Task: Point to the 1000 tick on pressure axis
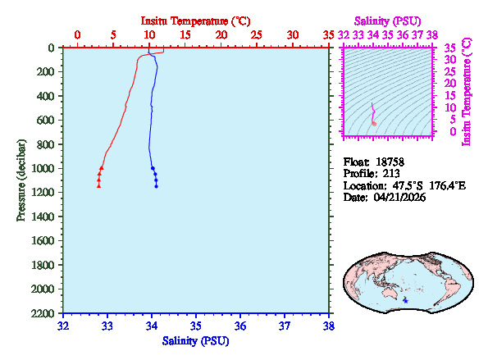tap(44, 169)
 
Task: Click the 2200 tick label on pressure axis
tap(44, 314)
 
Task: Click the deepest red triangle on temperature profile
tap(98, 186)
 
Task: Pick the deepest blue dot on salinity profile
tap(156, 186)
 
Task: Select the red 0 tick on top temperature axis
tap(78, 35)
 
